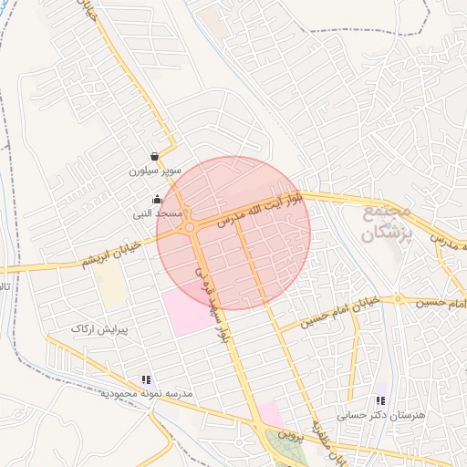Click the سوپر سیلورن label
tap(155, 171)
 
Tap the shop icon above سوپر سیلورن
tap(156, 156)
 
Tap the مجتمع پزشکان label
tap(387, 223)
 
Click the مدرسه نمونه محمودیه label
tap(147, 393)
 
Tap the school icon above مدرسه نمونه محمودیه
tap(146, 379)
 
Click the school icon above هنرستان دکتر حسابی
tap(380, 400)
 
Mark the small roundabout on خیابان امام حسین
tap(398, 299)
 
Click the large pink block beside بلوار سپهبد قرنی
tap(191, 312)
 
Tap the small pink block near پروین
tap(270, 414)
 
